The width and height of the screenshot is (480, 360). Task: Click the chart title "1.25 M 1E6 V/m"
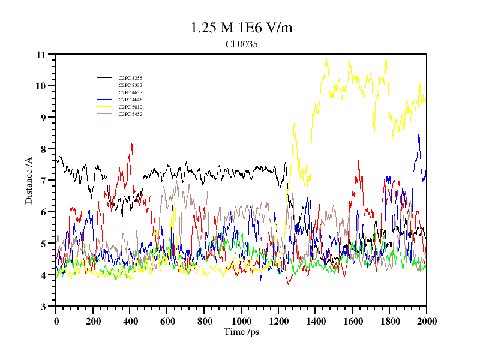coord(241,28)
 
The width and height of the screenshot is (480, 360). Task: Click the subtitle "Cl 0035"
coord(241,44)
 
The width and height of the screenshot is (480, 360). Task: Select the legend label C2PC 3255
coord(130,78)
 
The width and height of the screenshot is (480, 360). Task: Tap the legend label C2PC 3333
coord(130,85)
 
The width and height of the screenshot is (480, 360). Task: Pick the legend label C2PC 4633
coord(130,92)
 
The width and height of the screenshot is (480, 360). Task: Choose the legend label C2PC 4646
coord(130,100)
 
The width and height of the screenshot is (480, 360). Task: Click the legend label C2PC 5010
coord(130,107)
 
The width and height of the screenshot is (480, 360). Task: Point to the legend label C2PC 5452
coord(130,114)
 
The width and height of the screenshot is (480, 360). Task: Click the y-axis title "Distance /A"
coord(28,181)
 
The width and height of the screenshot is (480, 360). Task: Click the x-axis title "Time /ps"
coord(241,332)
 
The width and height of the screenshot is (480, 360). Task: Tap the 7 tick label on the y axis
coord(43,181)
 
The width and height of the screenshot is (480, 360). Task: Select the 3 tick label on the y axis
coord(43,307)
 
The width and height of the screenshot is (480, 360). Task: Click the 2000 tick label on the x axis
coord(427,321)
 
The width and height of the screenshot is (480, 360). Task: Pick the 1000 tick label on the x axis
coord(241,321)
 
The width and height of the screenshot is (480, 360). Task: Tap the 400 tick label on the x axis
coord(130,321)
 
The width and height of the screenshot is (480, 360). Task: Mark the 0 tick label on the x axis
coord(56,321)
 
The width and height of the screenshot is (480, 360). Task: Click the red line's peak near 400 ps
coord(132,143)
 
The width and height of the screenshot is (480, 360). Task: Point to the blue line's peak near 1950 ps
coord(419,133)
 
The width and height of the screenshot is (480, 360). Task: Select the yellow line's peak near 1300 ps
coord(294,122)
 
